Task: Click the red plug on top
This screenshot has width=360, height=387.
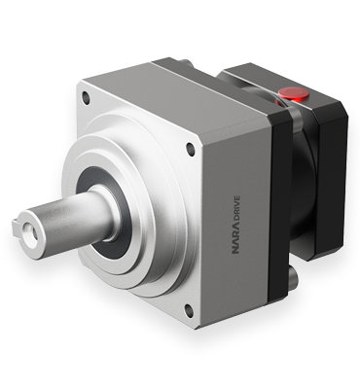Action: coord(293,93)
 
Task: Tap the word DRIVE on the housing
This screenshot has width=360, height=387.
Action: coord(236,208)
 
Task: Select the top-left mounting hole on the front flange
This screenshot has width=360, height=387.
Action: coord(86,98)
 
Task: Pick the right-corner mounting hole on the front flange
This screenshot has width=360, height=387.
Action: coord(191,150)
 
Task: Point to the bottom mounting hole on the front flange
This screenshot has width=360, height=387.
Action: coord(188,310)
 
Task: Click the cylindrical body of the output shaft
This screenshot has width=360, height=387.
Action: coord(68,221)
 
